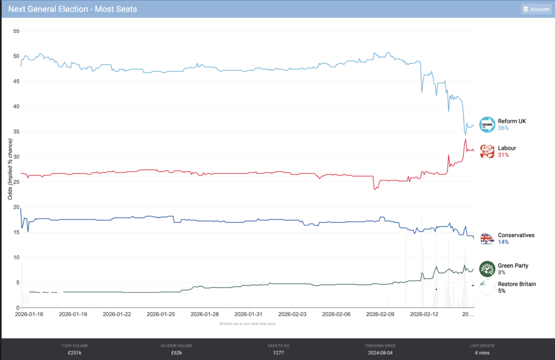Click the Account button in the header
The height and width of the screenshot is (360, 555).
pyautogui.click(x=536, y=9)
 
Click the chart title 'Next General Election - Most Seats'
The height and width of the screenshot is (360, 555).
pyautogui.click(x=73, y=9)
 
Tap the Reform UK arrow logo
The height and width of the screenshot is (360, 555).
pyautogui.click(x=487, y=125)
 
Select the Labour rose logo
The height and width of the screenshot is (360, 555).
pyautogui.click(x=487, y=151)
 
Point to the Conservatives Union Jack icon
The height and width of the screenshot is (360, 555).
pyautogui.click(x=487, y=239)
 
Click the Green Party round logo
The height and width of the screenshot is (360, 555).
pyautogui.click(x=487, y=269)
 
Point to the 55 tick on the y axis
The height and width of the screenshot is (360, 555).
pyautogui.click(x=16, y=31)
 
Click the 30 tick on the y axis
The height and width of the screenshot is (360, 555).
pyautogui.click(x=16, y=157)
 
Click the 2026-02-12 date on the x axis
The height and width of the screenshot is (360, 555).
pyautogui.click(x=424, y=314)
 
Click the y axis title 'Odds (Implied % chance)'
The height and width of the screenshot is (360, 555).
pyautogui.click(x=10, y=169)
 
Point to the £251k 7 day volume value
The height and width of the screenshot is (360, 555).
pyautogui.click(x=75, y=352)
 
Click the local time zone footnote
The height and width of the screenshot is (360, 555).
pyautogui.click(x=248, y=324)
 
